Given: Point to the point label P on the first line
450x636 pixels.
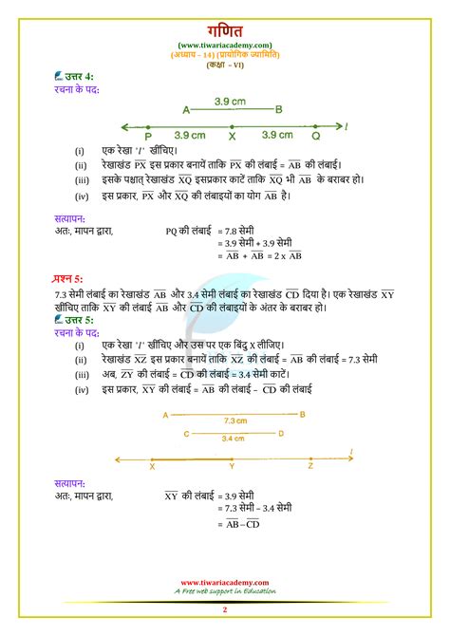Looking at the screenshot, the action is (x=149, y=135).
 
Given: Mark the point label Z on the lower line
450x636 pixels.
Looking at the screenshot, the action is (x=310, y=466).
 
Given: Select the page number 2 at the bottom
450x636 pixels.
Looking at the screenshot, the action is (x=225, y=608).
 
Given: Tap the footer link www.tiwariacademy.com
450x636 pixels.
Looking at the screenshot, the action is (x=225, y=581).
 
